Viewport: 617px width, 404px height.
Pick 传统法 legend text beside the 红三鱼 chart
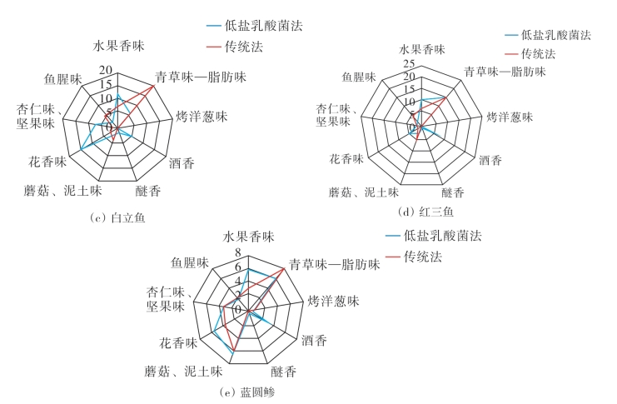click(x=538, y=53)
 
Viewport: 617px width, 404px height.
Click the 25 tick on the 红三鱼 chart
click(x=408, y=63)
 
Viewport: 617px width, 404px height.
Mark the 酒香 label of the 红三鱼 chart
click(x=490, y=159)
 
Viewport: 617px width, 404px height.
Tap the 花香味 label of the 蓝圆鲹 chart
click(x=177, y=342)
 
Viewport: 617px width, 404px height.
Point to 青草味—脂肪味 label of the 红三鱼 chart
click(x=505, y=72)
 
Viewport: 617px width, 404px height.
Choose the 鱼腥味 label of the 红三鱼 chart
click(x=359, y=77)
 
